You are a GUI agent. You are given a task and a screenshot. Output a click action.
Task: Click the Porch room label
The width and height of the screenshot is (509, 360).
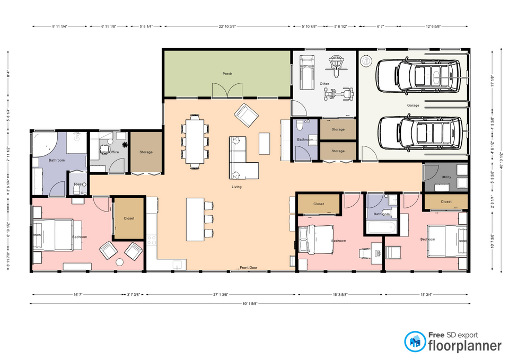coord(227,74)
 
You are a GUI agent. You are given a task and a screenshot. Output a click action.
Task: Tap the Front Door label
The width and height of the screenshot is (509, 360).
coord(248,268)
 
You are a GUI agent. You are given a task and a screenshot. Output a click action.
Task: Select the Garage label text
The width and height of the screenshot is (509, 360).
coord(413,106)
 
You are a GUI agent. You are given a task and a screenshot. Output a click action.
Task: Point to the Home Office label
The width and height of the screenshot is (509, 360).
coord(109,152)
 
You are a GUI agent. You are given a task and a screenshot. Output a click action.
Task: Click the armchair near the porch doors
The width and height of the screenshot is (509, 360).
coord(246,113)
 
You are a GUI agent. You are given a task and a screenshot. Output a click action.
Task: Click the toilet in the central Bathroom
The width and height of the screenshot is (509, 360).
coord(300,127)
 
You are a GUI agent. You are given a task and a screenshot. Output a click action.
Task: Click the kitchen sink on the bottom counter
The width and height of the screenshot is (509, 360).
coord(178,264)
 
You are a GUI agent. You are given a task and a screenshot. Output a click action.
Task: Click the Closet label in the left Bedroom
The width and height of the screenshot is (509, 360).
coord(129,218)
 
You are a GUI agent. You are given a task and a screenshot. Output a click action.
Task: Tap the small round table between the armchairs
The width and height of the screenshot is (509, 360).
coord(120,262)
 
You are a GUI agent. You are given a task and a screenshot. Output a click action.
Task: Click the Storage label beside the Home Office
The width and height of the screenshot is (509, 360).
coord(146,152)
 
